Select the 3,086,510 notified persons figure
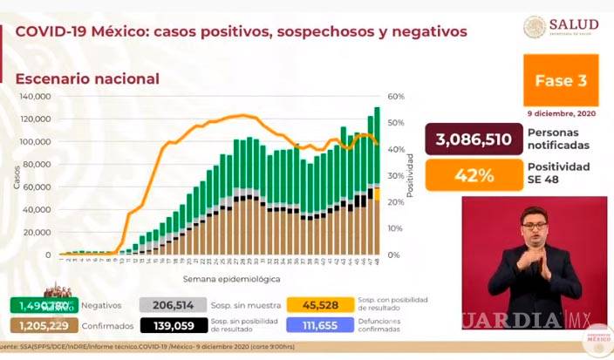468,139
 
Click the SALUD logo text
574,24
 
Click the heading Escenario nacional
87,78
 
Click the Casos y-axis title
17,177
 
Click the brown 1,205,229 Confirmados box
39,326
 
